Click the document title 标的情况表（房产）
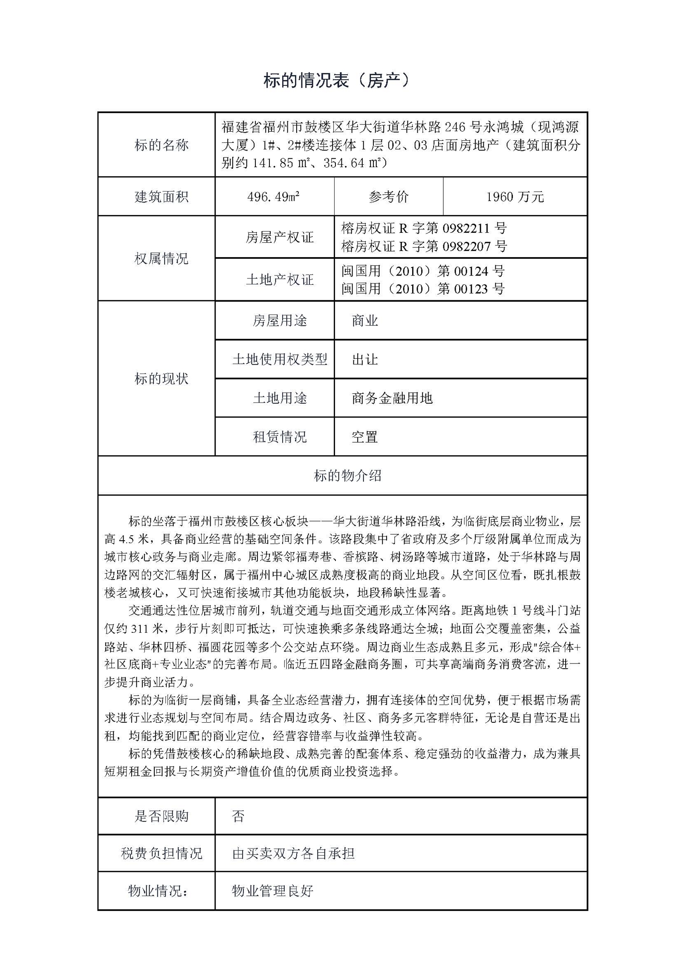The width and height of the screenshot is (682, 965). coord(336,81)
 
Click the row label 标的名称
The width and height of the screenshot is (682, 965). coord(161,145)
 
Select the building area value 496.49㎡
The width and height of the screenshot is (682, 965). coord(273,197)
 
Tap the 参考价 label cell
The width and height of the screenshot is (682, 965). coord(388,197)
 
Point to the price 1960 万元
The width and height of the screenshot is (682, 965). coord(515,197)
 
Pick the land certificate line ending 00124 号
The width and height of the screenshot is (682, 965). coord(423,271)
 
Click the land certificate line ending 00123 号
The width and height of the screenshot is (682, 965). coord(423,289)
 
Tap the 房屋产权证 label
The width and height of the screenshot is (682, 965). coord(279,237)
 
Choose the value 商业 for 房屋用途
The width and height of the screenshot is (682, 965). coord(365,321)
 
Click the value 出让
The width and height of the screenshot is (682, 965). coord(365,359)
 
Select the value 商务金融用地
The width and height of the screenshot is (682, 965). coord(392,398)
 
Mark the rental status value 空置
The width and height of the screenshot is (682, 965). coord(365,437)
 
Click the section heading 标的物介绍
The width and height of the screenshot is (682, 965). coord(347,475)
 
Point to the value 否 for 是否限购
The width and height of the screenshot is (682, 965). coord(238,816)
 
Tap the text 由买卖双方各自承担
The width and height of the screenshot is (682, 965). coord(293,853)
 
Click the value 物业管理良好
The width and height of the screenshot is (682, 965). coord(272,890)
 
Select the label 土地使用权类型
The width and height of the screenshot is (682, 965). coord(279,359)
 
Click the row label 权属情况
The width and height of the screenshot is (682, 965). coord(161,259)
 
